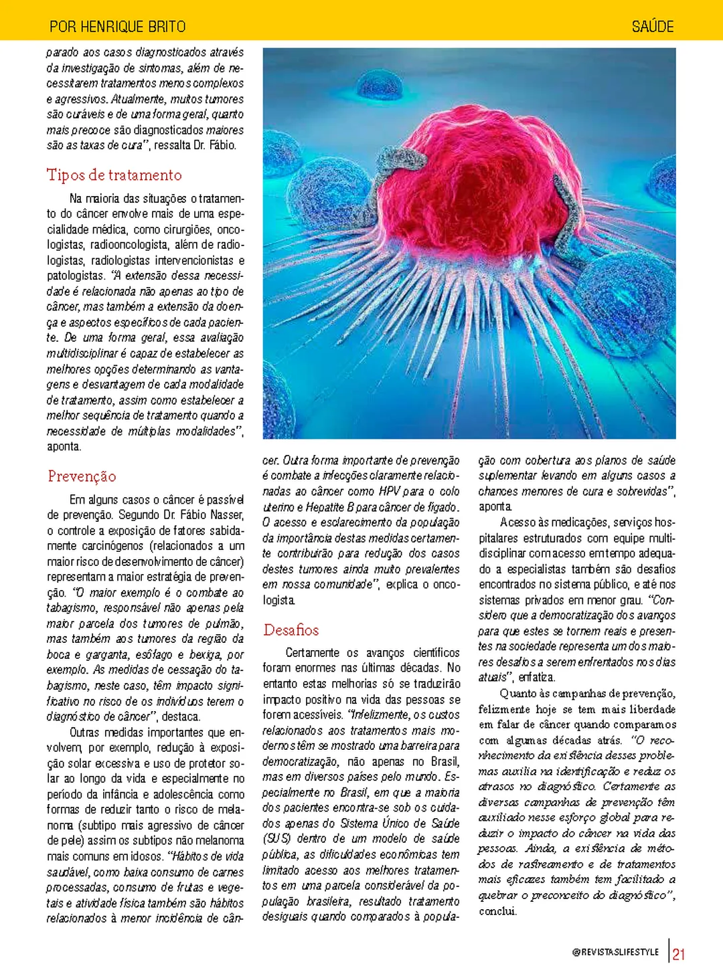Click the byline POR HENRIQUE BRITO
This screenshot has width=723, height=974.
(x=117, y=27)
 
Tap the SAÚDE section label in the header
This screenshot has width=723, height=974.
(x=652, y=27)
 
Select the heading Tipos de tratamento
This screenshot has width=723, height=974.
(x=114, y=175)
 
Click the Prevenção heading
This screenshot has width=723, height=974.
(x=82, y=476)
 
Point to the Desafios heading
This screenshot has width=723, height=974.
(x=291, y=630)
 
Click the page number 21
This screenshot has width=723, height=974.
(x=679, y=954)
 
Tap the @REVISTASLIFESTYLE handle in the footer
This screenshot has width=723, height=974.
(x=615, y=952)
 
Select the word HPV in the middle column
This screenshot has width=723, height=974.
(x=389, y=492)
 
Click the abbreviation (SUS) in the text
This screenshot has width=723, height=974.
(x=276, y=839)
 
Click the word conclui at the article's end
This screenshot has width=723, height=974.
(x=497, y=911)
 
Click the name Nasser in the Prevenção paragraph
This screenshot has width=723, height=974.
(x=226, y=515)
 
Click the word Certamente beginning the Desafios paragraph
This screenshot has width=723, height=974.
(x=312, y=653)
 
